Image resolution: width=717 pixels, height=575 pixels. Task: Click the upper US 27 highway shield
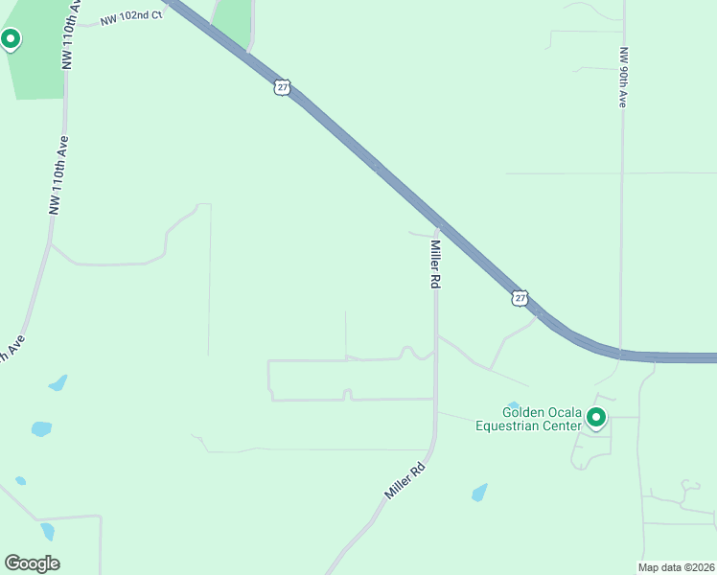point(281,87)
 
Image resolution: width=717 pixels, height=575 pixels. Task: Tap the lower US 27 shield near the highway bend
point(520,298)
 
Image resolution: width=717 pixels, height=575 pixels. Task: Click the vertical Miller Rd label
point(435,265)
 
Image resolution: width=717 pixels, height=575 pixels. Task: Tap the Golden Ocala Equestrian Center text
point(528,419)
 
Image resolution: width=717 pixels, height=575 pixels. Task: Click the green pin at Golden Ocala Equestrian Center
point(596,417)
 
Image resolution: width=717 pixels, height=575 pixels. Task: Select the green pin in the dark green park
point(11,39)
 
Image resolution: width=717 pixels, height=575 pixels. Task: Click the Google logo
point(32,563)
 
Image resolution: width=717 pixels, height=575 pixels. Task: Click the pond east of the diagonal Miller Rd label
point(479,494)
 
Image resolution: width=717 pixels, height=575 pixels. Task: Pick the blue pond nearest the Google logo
point(47,531)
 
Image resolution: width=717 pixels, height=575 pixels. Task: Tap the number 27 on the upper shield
point(281,87)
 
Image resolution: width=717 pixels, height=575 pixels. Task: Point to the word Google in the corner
point(32,563)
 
